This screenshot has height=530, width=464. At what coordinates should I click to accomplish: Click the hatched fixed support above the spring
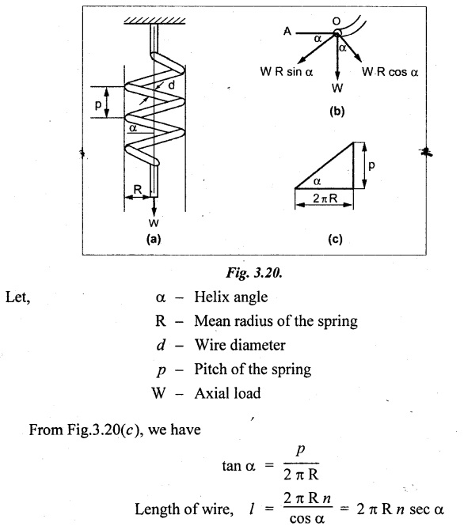point(154,21)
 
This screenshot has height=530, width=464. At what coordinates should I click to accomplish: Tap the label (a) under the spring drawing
point(154,239)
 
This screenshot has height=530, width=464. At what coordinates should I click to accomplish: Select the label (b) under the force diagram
point(337,112)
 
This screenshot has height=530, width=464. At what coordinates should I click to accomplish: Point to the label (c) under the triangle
point(335,239)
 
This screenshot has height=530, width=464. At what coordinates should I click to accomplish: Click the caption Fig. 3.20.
point(254,272)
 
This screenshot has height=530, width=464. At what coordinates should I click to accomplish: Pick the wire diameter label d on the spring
point(172,85)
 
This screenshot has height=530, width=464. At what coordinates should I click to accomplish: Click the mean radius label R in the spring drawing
point(138,189)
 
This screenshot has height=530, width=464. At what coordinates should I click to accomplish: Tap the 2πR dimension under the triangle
point(325,198)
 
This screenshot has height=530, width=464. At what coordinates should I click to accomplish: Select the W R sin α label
point(287,72)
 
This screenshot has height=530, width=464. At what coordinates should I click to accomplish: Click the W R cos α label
point(390,72)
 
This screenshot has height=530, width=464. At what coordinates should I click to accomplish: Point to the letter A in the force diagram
point(287,32)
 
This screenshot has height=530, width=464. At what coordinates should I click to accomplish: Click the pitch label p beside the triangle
point(371,165)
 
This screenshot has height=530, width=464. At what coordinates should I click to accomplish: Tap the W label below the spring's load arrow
point(154,223)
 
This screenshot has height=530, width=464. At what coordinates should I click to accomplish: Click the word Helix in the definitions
point(210,297)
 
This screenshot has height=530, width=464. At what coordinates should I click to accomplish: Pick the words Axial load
point(228,393)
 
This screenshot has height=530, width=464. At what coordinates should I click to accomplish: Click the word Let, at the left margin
point(18,297)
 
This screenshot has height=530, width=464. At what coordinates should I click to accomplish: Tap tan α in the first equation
point(238,466)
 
